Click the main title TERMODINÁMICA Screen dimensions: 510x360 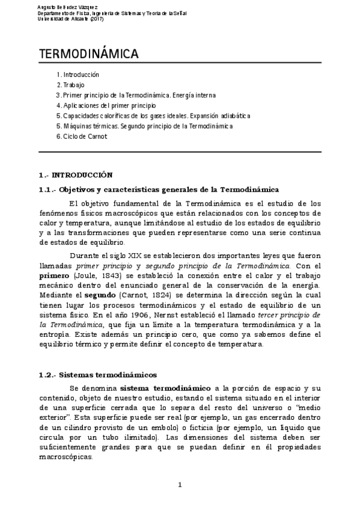(89, 55)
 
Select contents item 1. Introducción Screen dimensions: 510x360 (78, 75)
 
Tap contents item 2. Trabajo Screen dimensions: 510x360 (70, 85)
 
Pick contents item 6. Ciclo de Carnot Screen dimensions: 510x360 (82, 137)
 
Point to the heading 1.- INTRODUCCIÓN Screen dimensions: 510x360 (75, 175)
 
